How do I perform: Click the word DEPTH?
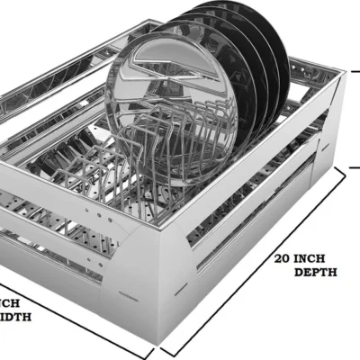pos(315,272)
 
